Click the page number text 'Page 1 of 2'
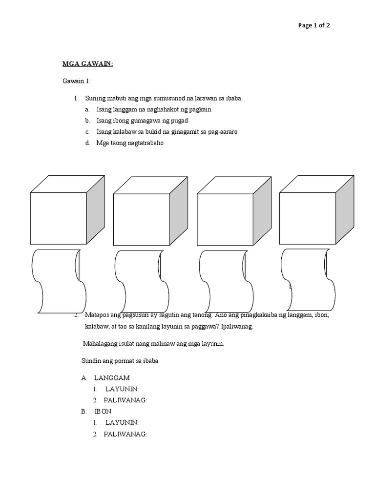314,26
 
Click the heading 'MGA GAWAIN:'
87,63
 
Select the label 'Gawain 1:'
76,81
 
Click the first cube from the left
59,217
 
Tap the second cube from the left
142,217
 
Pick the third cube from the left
225,217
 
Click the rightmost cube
308,217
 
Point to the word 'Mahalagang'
100,344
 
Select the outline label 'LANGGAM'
112,378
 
